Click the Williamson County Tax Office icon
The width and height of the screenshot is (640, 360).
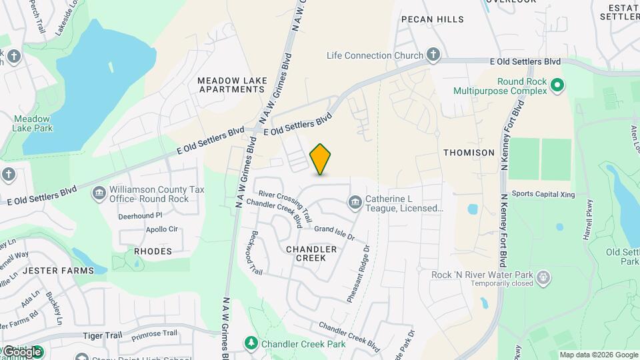[99, 193]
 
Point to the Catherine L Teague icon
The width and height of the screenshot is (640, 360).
[355, 201]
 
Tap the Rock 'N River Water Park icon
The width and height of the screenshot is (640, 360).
[543, 277]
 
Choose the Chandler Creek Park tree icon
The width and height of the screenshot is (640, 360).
[251, 343]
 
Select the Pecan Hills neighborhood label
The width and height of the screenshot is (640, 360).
[433, 19]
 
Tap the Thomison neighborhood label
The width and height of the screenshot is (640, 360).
[469, 153]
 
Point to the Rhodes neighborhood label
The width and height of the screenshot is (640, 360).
[153, 251]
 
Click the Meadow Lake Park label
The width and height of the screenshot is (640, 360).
[32, 123]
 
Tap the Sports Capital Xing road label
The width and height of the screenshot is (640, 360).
[543, 194]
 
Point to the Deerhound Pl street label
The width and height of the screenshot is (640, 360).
[140, 216]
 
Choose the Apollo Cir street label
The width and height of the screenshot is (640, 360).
[162, 229]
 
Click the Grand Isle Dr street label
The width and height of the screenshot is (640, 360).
[335, 233]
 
